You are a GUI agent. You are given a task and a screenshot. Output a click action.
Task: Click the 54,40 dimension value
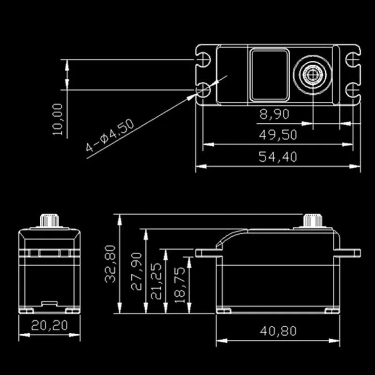pyautogui.click(x=278, y=157)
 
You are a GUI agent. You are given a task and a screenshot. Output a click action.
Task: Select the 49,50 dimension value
pyautogui.click(x=278, y=135)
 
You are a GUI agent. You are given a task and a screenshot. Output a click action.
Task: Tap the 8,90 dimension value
pyautogui.click(x=274, y=113)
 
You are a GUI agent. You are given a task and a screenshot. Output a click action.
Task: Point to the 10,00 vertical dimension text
pyautogui.click(x=58, y=120)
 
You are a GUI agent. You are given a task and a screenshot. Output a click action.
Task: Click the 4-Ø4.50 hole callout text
pyautogui.click(x=110, y=136)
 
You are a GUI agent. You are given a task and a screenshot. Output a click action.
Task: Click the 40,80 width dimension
pyautogui.click(x=278, y=331)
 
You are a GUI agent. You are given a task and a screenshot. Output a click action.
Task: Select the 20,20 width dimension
pyautogui.click(x=50, y=325)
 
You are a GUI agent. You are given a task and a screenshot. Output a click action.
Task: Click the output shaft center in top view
pyautogui.click(x=312, y=74)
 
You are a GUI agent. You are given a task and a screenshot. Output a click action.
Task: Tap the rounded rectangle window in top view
pyautogui.click(x=269, y=75)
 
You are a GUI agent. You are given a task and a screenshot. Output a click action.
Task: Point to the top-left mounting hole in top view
pyautogui.click(x=204, y=60)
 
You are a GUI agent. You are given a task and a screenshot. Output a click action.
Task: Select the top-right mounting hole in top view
pyautogui.click(x=352, y=60)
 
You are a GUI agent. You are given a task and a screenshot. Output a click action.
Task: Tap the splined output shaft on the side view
pyautogui.click(x=311, y=220)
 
